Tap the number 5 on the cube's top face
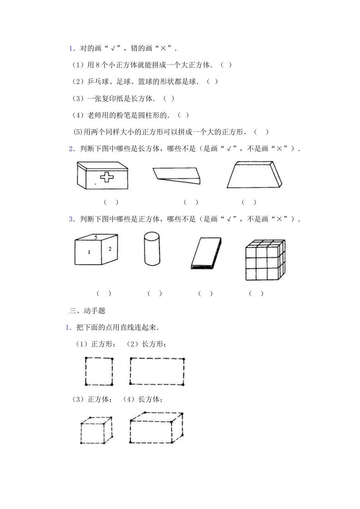point(96,237)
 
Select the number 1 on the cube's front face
point(89,252)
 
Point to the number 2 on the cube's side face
point(110,249)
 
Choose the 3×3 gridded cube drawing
point(265,260)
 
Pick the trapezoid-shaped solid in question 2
point(255,175)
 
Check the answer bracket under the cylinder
point(155,294)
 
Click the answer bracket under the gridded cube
point(256,294)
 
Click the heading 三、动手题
point(87,311)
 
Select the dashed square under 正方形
point(99,371)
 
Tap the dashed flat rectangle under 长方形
point(157,371)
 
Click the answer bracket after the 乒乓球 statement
point(213,82)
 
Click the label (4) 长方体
point(143,399)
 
